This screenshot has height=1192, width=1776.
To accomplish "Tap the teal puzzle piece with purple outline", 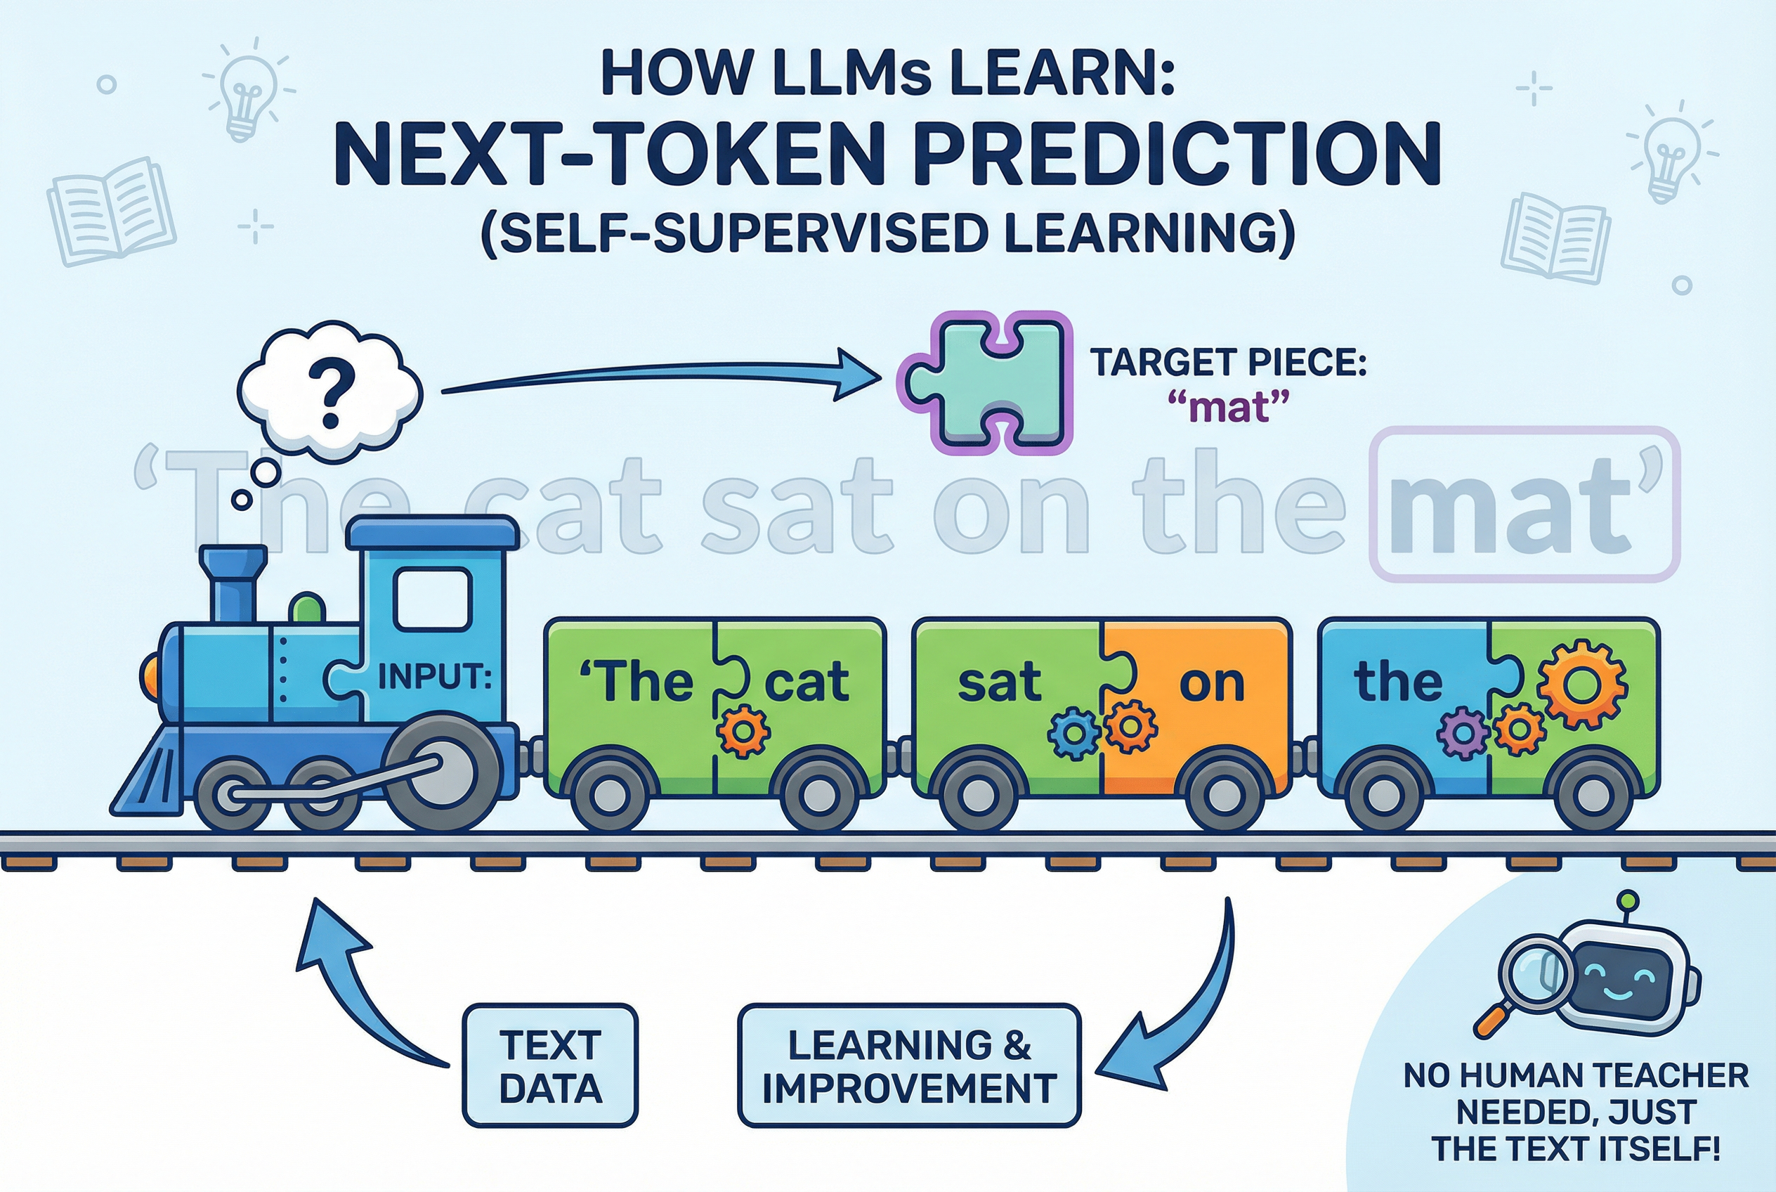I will (x=985, y=383).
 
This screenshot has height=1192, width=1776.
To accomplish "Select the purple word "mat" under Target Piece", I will (x=1228, y=408).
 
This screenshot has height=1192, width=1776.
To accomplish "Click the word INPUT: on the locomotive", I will (x=434, y=676).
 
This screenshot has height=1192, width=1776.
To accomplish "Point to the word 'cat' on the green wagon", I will (x=807, y=682).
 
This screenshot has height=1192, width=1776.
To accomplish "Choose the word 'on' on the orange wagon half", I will (x=1211, y=683).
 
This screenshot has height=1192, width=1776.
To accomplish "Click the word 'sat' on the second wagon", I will (x=998, y=682).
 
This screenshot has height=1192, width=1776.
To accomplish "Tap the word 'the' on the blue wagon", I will (x=1397, y=682).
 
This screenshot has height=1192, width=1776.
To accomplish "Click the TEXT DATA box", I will (x=550, y=1065).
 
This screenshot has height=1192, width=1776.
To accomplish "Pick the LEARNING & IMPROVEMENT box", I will (x=909, y=1065).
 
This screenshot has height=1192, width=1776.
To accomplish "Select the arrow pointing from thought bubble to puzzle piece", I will (x=661, y=376).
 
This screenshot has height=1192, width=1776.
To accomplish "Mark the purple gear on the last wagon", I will (x=1461, y=734).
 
